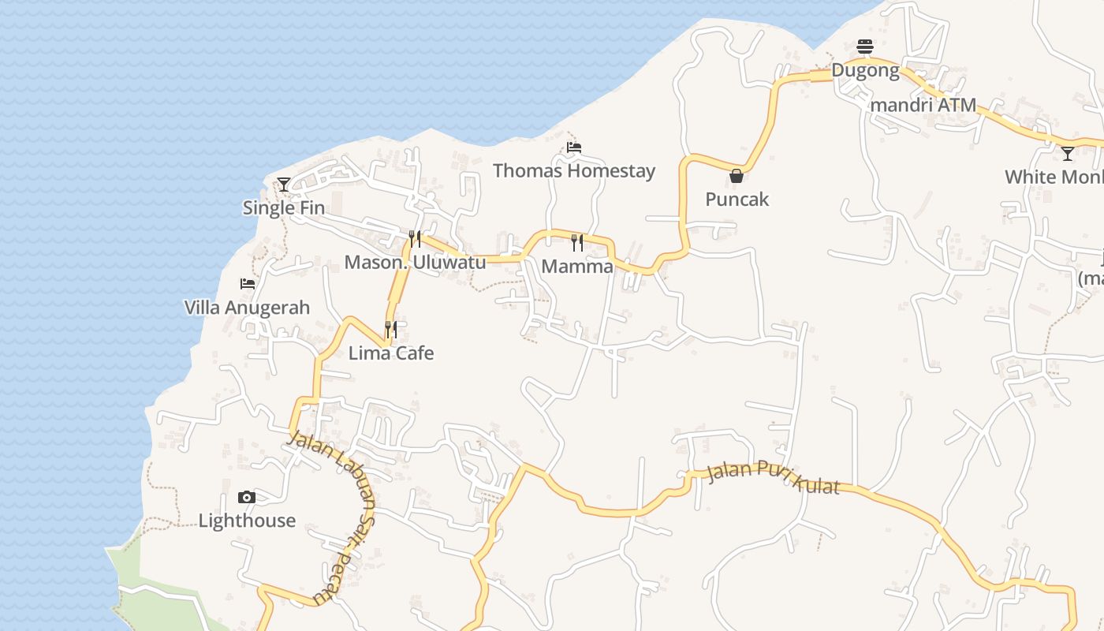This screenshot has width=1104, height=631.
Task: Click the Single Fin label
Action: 284,208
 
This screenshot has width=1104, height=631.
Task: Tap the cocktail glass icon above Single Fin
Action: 284,185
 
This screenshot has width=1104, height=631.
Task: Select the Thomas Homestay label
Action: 574,170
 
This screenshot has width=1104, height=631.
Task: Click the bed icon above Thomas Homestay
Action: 574,147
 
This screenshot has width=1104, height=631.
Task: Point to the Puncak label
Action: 737,200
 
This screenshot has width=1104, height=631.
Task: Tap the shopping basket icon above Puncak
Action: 737,176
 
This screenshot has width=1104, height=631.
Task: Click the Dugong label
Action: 865,71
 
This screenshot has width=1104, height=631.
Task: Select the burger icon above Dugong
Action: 865,47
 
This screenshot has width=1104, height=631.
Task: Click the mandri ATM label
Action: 923,105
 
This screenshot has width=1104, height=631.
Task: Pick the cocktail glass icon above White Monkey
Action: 1068,153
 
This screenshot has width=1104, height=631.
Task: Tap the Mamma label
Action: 577,267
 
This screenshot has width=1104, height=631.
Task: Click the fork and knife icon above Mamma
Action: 577,243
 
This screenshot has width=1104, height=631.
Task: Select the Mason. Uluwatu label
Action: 415,263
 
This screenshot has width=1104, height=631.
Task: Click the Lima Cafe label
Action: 391,353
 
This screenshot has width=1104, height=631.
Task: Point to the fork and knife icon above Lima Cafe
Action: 391,329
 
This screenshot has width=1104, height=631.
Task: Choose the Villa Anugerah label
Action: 247,308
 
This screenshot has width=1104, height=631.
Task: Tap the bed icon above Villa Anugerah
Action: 248,284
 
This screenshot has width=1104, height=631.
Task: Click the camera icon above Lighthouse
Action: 247,497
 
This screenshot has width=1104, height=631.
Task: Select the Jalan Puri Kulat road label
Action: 774,478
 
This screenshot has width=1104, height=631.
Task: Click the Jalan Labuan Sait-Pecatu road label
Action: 338,513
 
